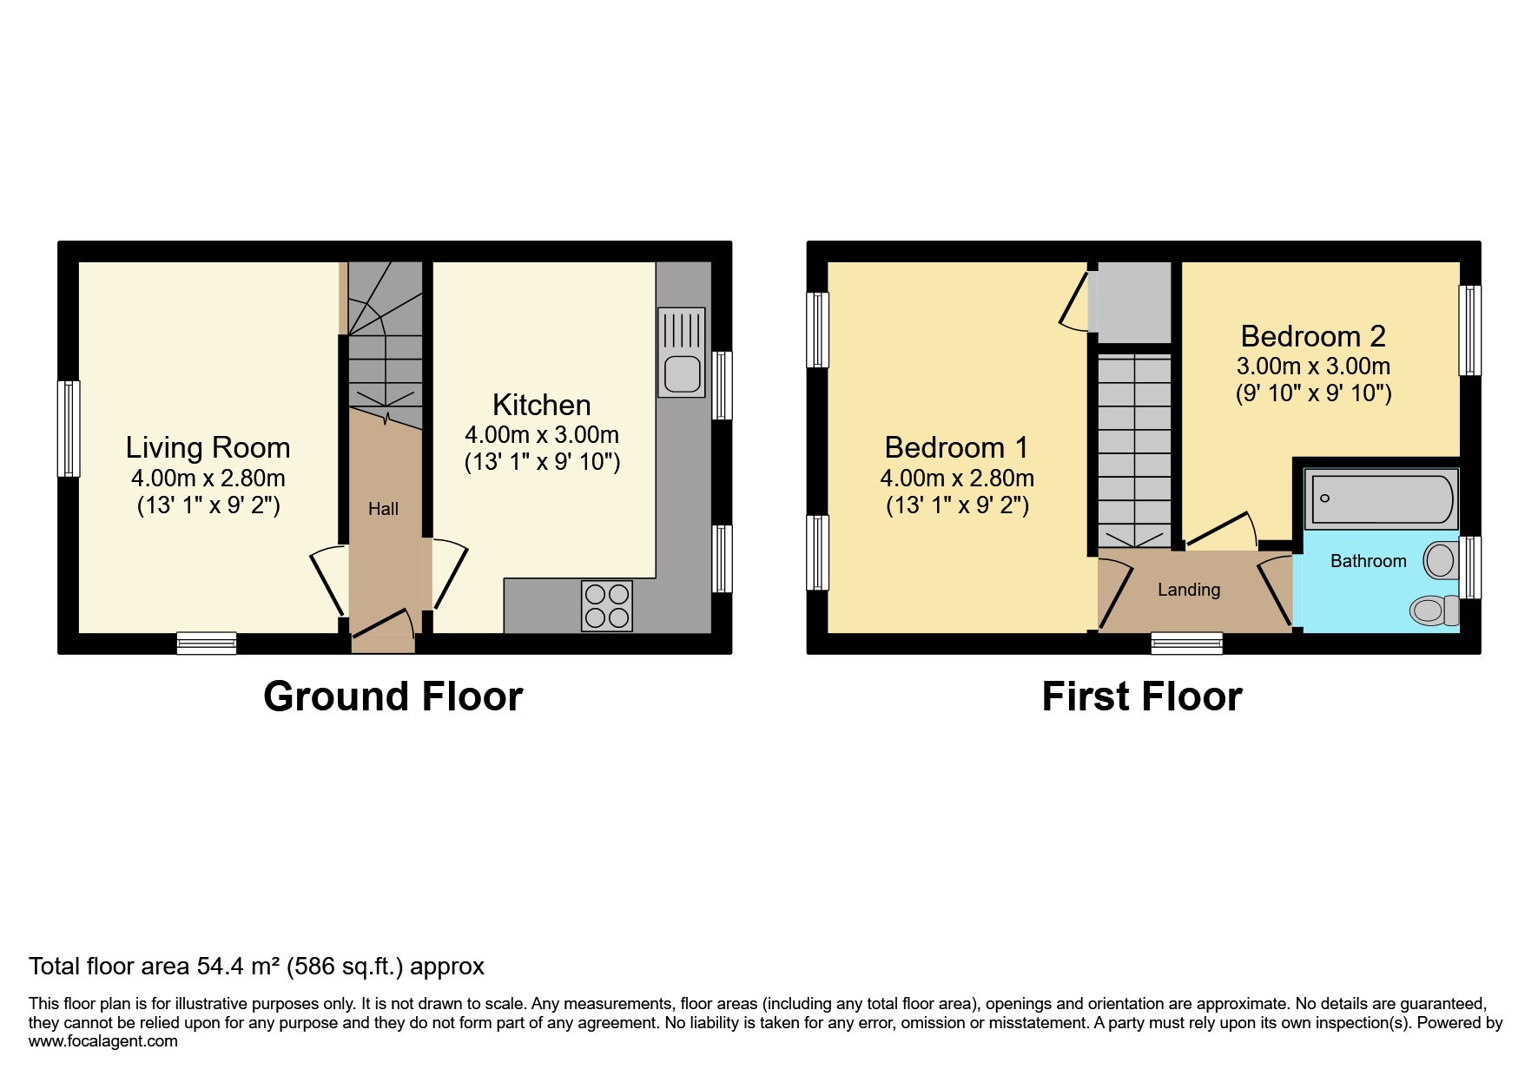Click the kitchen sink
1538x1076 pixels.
click(x=682, y=353)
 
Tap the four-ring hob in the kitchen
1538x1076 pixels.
click(x=606, y=605)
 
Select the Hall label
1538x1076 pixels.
click(x=383, y=509)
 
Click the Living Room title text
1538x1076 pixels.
click(x=208, y=447)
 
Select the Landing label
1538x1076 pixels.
click(x=1188, y=590)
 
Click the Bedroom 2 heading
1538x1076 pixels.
click(x=1312, y=335)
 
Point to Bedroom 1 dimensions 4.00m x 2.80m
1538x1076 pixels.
click(x=956, y=478)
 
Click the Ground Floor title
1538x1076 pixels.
click(x=393, y=696)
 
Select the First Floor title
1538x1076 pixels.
click(x=1141, y=696)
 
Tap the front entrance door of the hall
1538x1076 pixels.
click(x=383, y=630)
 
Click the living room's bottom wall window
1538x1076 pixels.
click(x=207, y=643)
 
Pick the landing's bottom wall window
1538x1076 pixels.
click(x=1186, y=643)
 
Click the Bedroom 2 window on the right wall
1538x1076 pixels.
click(x=1469, y=330)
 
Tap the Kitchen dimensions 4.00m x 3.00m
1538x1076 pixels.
click(x=542, y=434)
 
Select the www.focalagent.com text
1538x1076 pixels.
click(x=102, y=1040)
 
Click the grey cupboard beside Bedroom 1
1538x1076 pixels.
click(x=1130, y=301)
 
